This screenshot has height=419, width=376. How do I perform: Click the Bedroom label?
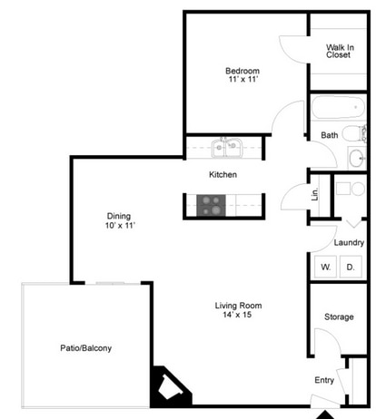point(242,72)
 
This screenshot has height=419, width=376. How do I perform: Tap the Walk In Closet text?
point(340,51)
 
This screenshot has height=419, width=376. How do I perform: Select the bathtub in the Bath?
point(338,107)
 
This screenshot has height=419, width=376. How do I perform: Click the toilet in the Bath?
point(354,133)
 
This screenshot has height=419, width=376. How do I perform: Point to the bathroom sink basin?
point(356,158)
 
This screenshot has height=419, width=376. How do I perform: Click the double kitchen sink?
point(227,147)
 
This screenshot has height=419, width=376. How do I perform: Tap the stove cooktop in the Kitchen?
point(211,205)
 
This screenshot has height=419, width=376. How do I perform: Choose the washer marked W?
point(325,267)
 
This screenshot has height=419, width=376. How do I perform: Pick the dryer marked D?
point(351,267)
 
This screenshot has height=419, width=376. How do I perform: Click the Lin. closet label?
point(315,194)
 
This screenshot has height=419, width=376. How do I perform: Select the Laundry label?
point(349,242)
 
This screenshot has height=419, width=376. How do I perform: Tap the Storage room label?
point(339,317)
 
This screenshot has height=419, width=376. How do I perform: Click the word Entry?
point(324,380)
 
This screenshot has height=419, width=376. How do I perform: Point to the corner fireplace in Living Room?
point(167,386)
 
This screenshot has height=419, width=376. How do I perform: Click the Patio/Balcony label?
point(86,348)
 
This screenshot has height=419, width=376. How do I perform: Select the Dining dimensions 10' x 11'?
point(120,226)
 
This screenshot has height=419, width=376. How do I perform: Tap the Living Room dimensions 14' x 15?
point(237,315)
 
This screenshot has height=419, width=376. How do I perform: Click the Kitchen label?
point(223,174)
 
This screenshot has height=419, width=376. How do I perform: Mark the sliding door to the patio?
point(113,283)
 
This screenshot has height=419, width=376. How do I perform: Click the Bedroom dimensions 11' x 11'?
point(243,79)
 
